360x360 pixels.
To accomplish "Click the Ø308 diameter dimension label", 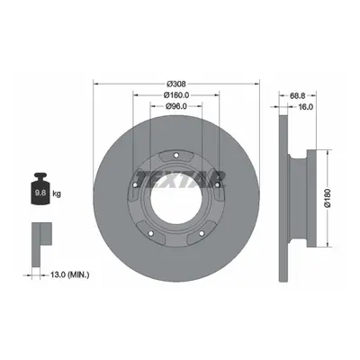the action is [176, 84].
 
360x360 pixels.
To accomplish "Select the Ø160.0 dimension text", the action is [176, 95].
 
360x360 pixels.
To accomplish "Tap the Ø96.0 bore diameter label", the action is [176, 106].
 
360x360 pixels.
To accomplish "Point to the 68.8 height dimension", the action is [298, 95].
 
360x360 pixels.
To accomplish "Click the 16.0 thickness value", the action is [306, 106].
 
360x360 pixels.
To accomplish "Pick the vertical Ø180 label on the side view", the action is [328, 198].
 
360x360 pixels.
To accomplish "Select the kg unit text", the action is [57, 193].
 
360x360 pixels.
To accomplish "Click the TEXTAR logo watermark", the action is [181, 180].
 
